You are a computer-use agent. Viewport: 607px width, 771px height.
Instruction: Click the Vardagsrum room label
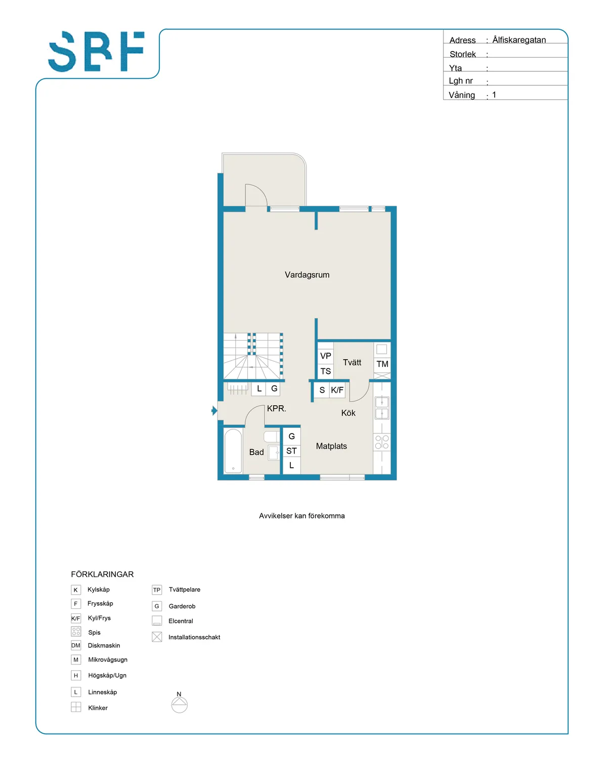(x=307, y=275)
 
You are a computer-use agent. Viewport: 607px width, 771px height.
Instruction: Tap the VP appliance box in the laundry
(x=326, y=356)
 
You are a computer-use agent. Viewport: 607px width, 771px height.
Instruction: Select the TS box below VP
(x=326, y=371)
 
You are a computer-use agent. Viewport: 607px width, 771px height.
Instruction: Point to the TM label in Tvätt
(x=382, y=364)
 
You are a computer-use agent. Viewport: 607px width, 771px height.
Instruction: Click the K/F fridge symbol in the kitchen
(x=337, y=390)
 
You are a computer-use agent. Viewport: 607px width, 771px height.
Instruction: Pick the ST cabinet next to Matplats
(x=291, y=451)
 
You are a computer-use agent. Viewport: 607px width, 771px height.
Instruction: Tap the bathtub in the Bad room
(x=233, y=451)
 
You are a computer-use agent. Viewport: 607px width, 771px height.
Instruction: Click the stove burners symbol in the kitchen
(x=382, y=442)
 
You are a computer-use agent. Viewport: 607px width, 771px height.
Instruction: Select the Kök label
(x=348, y=413)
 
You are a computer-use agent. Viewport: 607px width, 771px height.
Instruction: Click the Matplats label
(x=331, y=446)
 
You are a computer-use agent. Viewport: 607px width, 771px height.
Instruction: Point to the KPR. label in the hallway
(x=277, y=408)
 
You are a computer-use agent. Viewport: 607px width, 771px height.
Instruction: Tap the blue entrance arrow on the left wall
(x=214, y=411)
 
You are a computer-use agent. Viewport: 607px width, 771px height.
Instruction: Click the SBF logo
(x=97, y=52)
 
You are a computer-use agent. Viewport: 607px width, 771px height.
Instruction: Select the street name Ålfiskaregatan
(x=519, y=40)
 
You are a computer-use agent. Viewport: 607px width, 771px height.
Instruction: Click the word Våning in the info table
(x=462, y=95)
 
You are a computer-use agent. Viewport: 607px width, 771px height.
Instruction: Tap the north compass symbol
(x=179, y=704)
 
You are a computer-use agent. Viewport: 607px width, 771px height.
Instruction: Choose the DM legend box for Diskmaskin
(x=76, y=645)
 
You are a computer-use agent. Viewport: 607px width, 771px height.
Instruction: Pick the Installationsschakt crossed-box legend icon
(x=157, y=637)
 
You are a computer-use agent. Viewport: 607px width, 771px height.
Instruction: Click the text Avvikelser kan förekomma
(x=302, y=516)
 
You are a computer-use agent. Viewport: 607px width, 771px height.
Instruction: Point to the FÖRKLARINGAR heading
(x=102, y=574)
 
